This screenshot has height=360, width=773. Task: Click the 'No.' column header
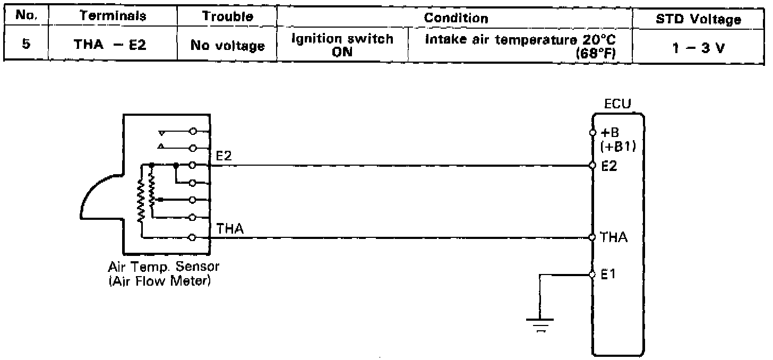25,16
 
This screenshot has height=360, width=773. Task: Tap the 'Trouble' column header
227,16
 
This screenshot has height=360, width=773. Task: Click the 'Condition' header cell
456,18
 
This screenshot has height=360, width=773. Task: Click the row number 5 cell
25,45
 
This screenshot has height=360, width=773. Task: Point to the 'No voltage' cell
227,46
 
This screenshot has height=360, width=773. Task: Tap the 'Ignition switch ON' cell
342,45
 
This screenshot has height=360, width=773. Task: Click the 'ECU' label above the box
617,104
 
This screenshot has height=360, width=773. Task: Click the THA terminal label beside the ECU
613,237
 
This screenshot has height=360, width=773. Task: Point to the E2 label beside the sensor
224,156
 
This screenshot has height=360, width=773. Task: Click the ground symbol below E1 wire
539,323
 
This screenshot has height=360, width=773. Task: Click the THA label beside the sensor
230,228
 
